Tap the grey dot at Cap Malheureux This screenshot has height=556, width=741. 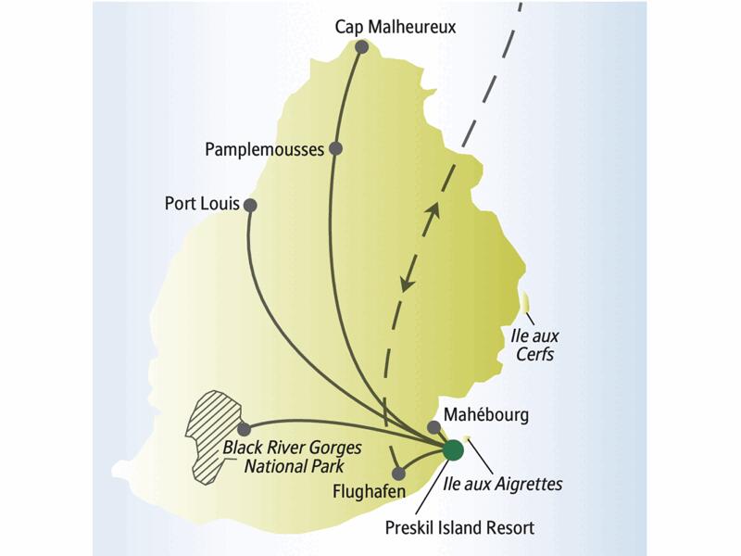(361, 47)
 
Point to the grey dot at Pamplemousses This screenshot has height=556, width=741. (336, 148)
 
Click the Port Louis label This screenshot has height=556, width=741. (202, 204)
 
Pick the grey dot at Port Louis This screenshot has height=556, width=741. (250, 205)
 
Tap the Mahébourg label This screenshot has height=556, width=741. (486, 414)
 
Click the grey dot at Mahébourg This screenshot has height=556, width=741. (433, 427)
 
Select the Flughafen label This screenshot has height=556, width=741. (359, 491)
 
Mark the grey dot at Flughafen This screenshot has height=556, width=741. (398, 474)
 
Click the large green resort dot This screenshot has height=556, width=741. (453, 450)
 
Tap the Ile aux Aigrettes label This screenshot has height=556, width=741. (516, 483)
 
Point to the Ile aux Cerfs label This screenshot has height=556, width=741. (534, 344)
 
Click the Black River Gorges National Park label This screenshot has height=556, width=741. (293, 456)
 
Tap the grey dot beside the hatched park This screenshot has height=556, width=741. (245, 429)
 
